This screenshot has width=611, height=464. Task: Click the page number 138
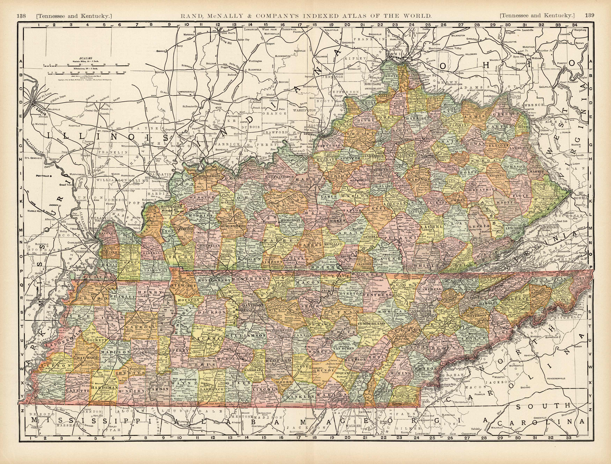point(21,16)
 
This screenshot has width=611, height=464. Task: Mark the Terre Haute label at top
point(226,33)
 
